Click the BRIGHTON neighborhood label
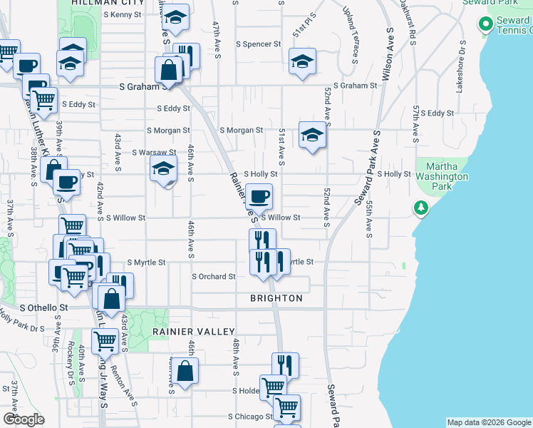(276, 298)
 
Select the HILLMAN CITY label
(108, 3)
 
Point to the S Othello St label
(43, 307)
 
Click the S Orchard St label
(213, 277)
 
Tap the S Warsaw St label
(153, 152)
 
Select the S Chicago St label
(250, 416)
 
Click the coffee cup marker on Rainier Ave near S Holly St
(259, 195)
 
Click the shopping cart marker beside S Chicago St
(286, 407)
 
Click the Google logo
(24, 419)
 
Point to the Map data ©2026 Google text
(488, 422)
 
